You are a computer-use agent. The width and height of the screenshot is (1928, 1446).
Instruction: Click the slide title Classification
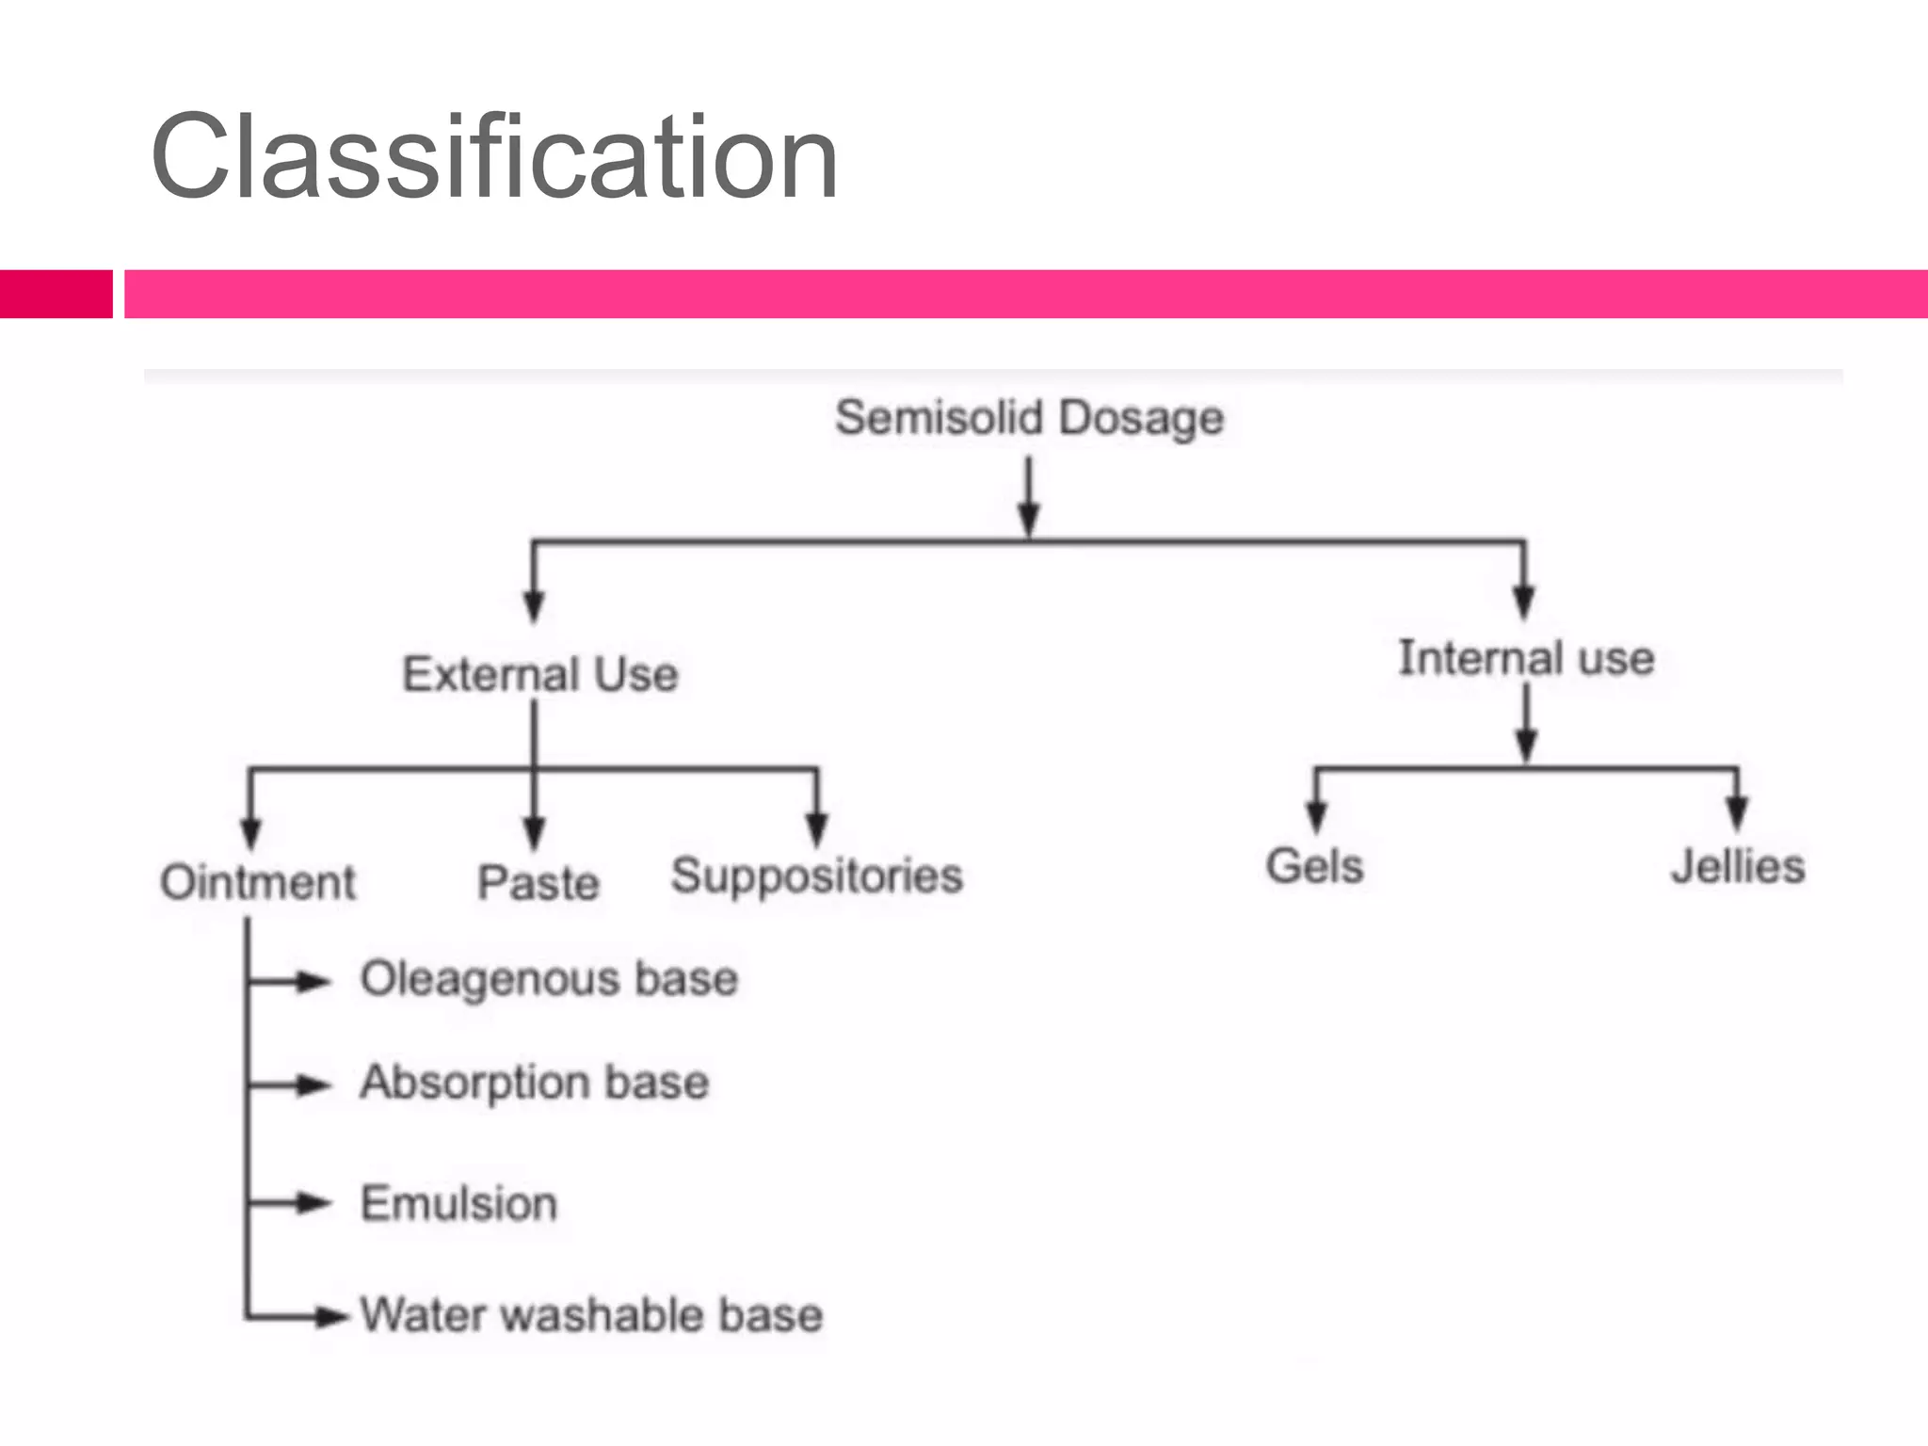click(493, 158)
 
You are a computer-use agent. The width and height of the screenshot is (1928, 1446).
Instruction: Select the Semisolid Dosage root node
click(1029, 418)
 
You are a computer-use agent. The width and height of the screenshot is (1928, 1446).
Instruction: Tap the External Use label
click(540, 674)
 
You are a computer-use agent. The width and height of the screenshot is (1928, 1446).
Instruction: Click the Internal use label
click(1526, 657)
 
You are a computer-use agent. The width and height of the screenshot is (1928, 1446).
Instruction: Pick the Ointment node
click(258, 883)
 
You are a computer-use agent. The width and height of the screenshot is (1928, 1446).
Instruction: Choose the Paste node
click(538, 883)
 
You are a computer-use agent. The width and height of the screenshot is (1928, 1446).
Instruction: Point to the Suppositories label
click(816, 876)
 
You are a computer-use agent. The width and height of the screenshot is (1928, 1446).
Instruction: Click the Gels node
click(1314, 866)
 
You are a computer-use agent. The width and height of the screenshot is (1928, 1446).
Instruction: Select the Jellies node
click(1738, 866)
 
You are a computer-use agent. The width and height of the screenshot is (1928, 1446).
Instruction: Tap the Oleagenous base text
click(549, 979)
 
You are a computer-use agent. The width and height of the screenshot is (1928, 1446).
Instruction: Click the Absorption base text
click(534, 1083)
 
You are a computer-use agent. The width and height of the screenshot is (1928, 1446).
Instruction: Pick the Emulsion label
click(458, 1204)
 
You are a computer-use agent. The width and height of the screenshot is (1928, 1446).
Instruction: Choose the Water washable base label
click(591, 1315)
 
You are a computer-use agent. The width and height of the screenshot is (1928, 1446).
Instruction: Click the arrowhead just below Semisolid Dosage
click(1029, 519)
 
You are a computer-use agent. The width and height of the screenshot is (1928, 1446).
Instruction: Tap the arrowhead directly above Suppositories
click(817, 828)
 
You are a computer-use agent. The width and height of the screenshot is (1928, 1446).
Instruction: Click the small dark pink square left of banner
click(56, 294)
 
